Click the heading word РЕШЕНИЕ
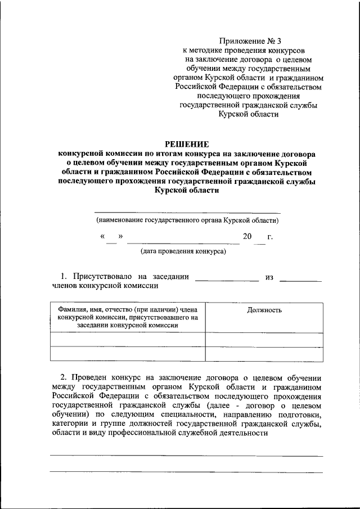point(186,143)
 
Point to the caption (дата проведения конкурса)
point(183,251)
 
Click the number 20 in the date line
point(247,237)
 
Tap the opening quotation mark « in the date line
point(102,237)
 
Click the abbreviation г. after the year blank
point(270,237)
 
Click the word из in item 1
point(269,276)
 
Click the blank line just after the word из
point(301,280)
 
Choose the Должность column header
point(264,310)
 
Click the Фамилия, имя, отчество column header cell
point(128,318)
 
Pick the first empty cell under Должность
point(264,340)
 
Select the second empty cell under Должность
point(264,354)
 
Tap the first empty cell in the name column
point(128,340)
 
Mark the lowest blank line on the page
point(186,472)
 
